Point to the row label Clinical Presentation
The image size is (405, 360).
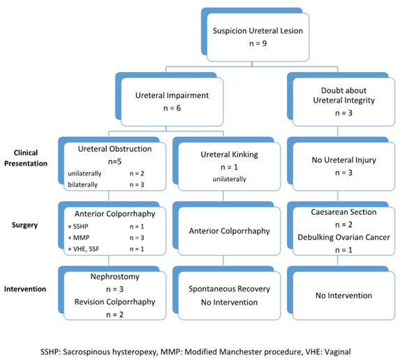tap(26, 158)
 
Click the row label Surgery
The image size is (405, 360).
tap(25, 225)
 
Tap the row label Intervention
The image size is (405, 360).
tap(25, 289)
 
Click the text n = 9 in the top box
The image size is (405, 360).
tap(258, 43)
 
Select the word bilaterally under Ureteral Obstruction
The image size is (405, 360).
tap(82, 185)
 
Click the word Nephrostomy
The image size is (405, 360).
tap(115, 277)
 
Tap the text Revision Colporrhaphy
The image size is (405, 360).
tap(115, 302)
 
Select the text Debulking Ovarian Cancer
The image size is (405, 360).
tap(344, 238)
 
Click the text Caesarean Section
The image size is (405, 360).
tap(344, 212)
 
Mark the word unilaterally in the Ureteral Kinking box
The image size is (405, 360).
tap(229, 179)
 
